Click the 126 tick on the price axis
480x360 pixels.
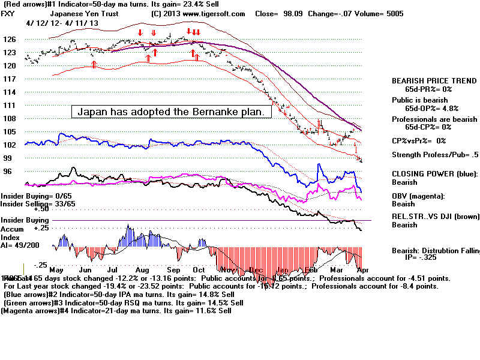[10, 40]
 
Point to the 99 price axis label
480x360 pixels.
[8, 158]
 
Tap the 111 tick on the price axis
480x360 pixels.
[9, 105]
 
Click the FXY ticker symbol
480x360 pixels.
[9, 13]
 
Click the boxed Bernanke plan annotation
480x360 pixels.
[172, 112]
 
